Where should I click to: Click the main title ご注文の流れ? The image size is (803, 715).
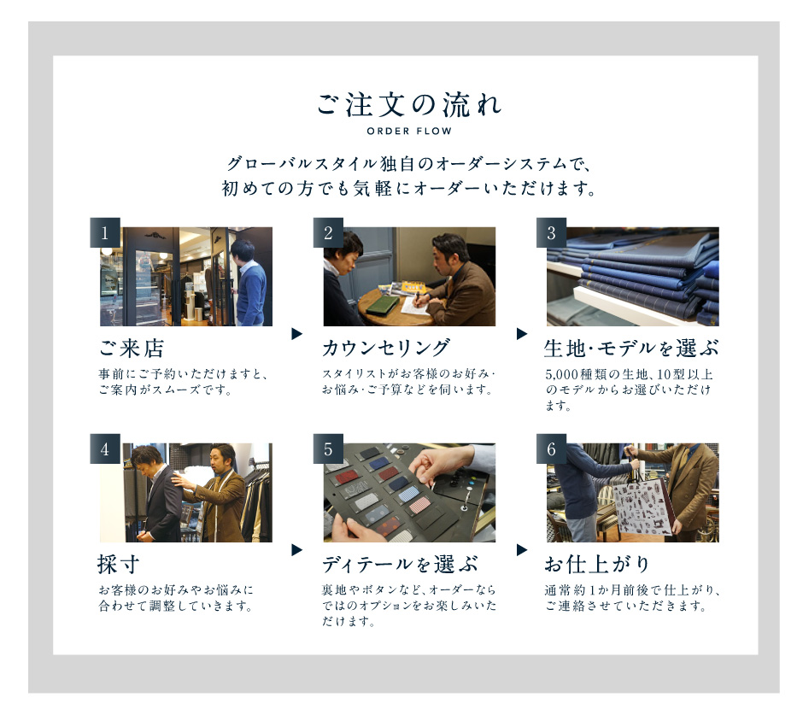tap(409, 104)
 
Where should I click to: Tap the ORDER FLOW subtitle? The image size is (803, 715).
tap(409, 131)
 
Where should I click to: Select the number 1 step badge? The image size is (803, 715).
tap(105, 232)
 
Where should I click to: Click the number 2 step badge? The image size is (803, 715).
tap(328, 232)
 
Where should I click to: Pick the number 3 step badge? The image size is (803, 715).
tap(552, 232)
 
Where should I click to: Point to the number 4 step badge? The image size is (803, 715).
tap(105, 448)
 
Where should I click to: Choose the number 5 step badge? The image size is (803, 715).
tap(328, 448)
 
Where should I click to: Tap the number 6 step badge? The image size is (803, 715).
tap(552, 448)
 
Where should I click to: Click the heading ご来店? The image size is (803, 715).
tap(132, 349)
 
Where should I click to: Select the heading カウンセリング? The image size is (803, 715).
tap(387, 349)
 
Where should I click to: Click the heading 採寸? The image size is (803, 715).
tap(118, 565)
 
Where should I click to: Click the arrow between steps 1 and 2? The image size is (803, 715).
tap(296, 334)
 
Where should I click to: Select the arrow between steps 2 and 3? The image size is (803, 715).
tap(521, 334)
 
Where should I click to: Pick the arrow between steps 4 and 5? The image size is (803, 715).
tap(296, 550)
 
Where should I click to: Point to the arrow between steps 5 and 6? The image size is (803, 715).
tap(521, 550)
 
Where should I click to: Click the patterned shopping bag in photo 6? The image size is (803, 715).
tap(642, 507)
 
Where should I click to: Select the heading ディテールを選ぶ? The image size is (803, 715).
tap(400, 565)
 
